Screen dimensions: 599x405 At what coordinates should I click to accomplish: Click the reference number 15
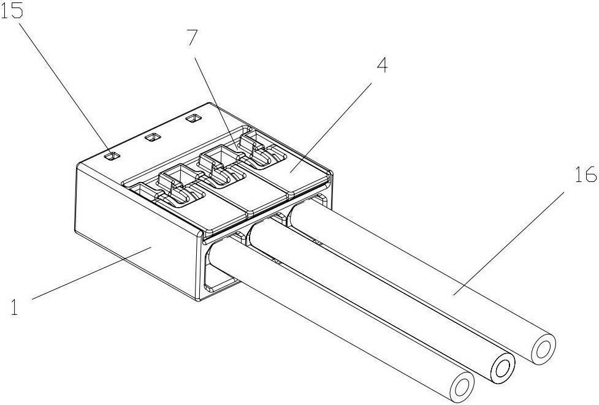[12, 10]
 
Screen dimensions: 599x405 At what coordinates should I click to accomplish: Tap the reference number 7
[193, 37]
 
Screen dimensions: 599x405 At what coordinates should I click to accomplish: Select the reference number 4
[382, 65]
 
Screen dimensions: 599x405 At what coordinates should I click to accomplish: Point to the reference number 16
[586, 174]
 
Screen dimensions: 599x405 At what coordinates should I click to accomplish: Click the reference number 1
[14, 307]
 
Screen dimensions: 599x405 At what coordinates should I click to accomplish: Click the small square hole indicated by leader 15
[113, 156]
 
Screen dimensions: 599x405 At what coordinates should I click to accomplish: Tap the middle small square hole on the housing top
[153, 137]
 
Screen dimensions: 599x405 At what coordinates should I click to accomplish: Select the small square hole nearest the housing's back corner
[193, 118]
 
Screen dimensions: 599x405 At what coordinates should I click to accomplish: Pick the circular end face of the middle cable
[502, 368]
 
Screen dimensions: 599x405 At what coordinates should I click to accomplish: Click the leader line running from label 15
[66, 89]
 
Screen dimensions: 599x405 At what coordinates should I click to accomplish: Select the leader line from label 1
[92, 273]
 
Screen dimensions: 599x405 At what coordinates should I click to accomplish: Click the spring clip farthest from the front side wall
[261, 150]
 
